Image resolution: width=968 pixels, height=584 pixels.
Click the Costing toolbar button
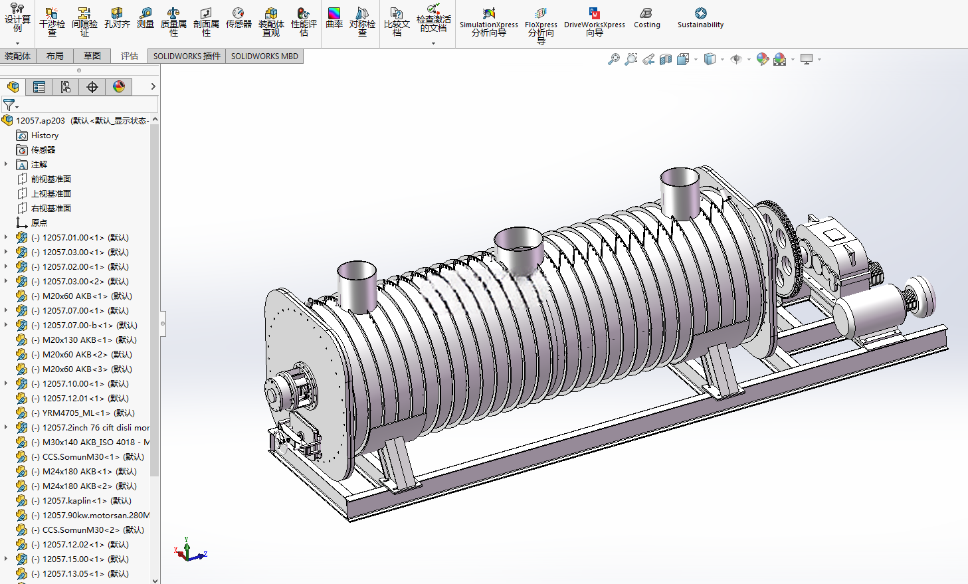646,19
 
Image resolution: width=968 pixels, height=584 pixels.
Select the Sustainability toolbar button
700,19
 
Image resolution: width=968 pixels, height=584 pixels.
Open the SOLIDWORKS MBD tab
264,56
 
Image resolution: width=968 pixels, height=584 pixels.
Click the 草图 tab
92,56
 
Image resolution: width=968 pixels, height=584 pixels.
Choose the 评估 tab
129,56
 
